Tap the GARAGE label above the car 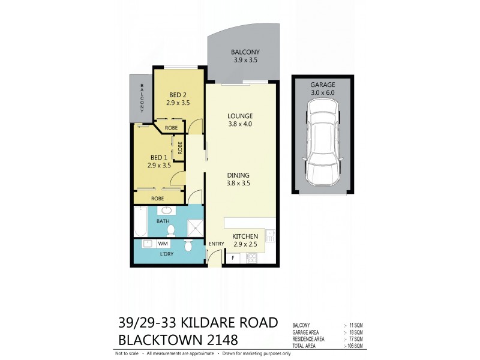(323, 85)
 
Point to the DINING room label (238, 175)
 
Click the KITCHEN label (245, 236)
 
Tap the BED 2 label (178, 95)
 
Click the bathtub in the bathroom (140, 221)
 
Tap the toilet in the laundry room (188, 245)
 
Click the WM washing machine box (163, 244)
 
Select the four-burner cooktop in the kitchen (253, 258)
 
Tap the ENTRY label (215, 244)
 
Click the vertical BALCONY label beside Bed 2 (142, 99)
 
